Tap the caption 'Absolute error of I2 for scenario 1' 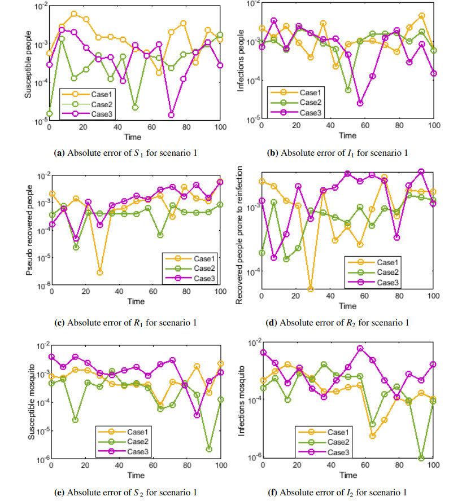click(x=345, y=491)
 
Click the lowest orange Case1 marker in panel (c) click(x=99, y=273)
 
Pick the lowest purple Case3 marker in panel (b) click(x=360, y=103)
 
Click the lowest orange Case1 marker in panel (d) click(x=310, y=289)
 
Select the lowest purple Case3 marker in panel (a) click(x=171, y=115)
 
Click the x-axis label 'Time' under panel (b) click(x=347, y=135)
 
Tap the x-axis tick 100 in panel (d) click(x=433, y=297)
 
